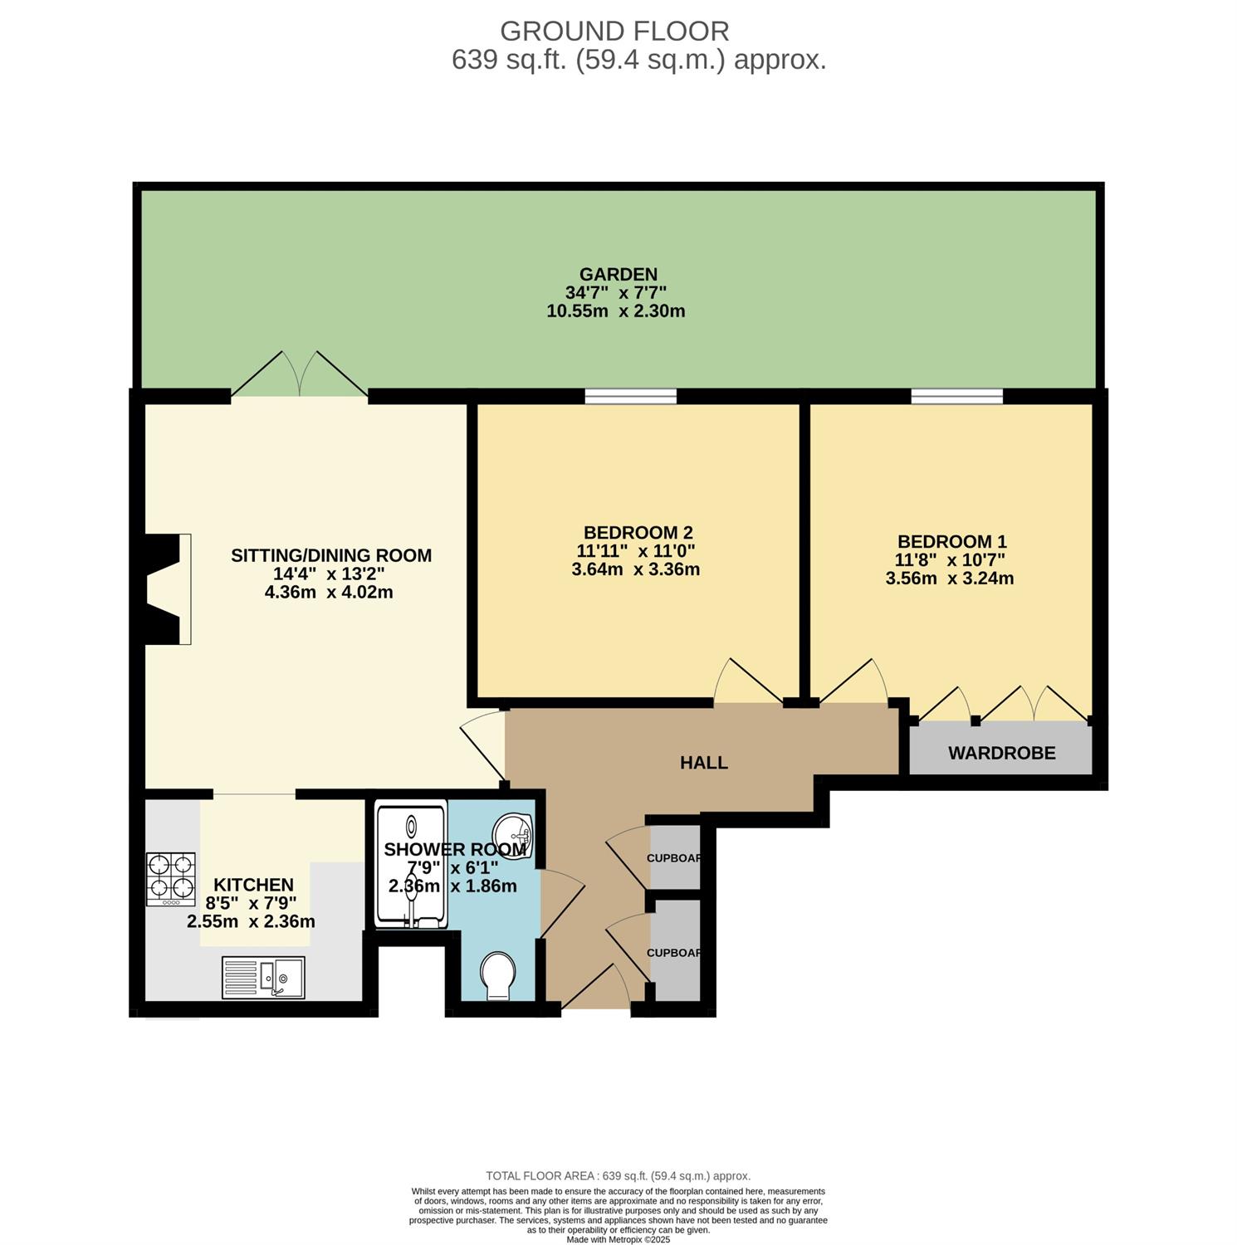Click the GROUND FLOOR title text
[x=614, y=31]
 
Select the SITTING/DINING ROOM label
[x=331, y=555]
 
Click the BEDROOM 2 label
[x=638, y=532]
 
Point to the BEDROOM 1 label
[x=951, y=542]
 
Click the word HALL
[x=704, y=762]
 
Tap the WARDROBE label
[x=1002, y=753]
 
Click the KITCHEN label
[x=253, y=885]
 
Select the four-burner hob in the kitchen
[x=171, y=880]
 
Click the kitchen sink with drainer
[x=263, y=978]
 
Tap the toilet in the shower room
[x=499, y=975]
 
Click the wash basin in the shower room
[x=512, y=830]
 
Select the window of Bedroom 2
[x=631, y=397]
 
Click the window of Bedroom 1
[x=956, y=397]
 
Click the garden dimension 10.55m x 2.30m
[x=616, y=312]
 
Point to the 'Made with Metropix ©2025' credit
[x=618, y=1240]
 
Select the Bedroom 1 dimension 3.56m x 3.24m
[x=950, y=579]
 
